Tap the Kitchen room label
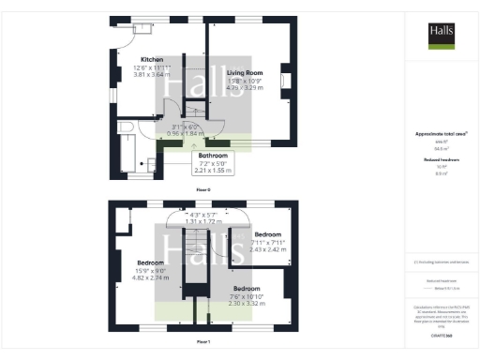pyautogui.click(x=127, y=58)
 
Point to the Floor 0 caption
pyautogui.click(x=203, y=189)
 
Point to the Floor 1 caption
pyautogui.click(x=203, y=343)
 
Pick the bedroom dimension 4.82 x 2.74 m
pyautogui.click(x=151, y=278)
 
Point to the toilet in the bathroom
pyautogui.click(x=141, y=170)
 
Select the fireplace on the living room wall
pyautogui.click(x=286, y=82)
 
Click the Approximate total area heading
pyautogui.click(x=441, y=135)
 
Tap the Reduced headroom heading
pyautogui.click(x=441, y=160)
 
